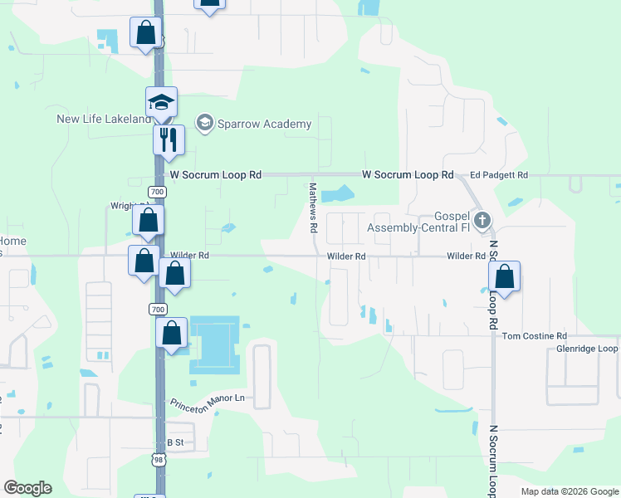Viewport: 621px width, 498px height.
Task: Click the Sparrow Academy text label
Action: [264, 124]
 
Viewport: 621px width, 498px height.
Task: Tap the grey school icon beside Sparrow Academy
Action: [203, 124]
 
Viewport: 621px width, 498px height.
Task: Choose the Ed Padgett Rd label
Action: [498, 175]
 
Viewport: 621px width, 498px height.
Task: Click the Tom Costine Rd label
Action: [534, 335]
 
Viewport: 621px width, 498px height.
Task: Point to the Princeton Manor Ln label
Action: [209, 403]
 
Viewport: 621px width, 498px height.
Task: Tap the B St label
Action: [174, 442]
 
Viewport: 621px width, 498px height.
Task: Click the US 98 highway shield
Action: [159, 459]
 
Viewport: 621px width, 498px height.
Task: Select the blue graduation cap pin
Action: [161, 102]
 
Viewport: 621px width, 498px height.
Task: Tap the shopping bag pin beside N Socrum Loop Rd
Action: [505, 276]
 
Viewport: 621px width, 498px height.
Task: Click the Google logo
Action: [27, 488]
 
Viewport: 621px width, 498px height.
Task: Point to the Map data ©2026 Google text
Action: [569, 491]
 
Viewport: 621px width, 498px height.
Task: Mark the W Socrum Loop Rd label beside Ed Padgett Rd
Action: [408, 175]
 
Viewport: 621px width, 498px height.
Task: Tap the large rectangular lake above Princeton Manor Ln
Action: [214, 343]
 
